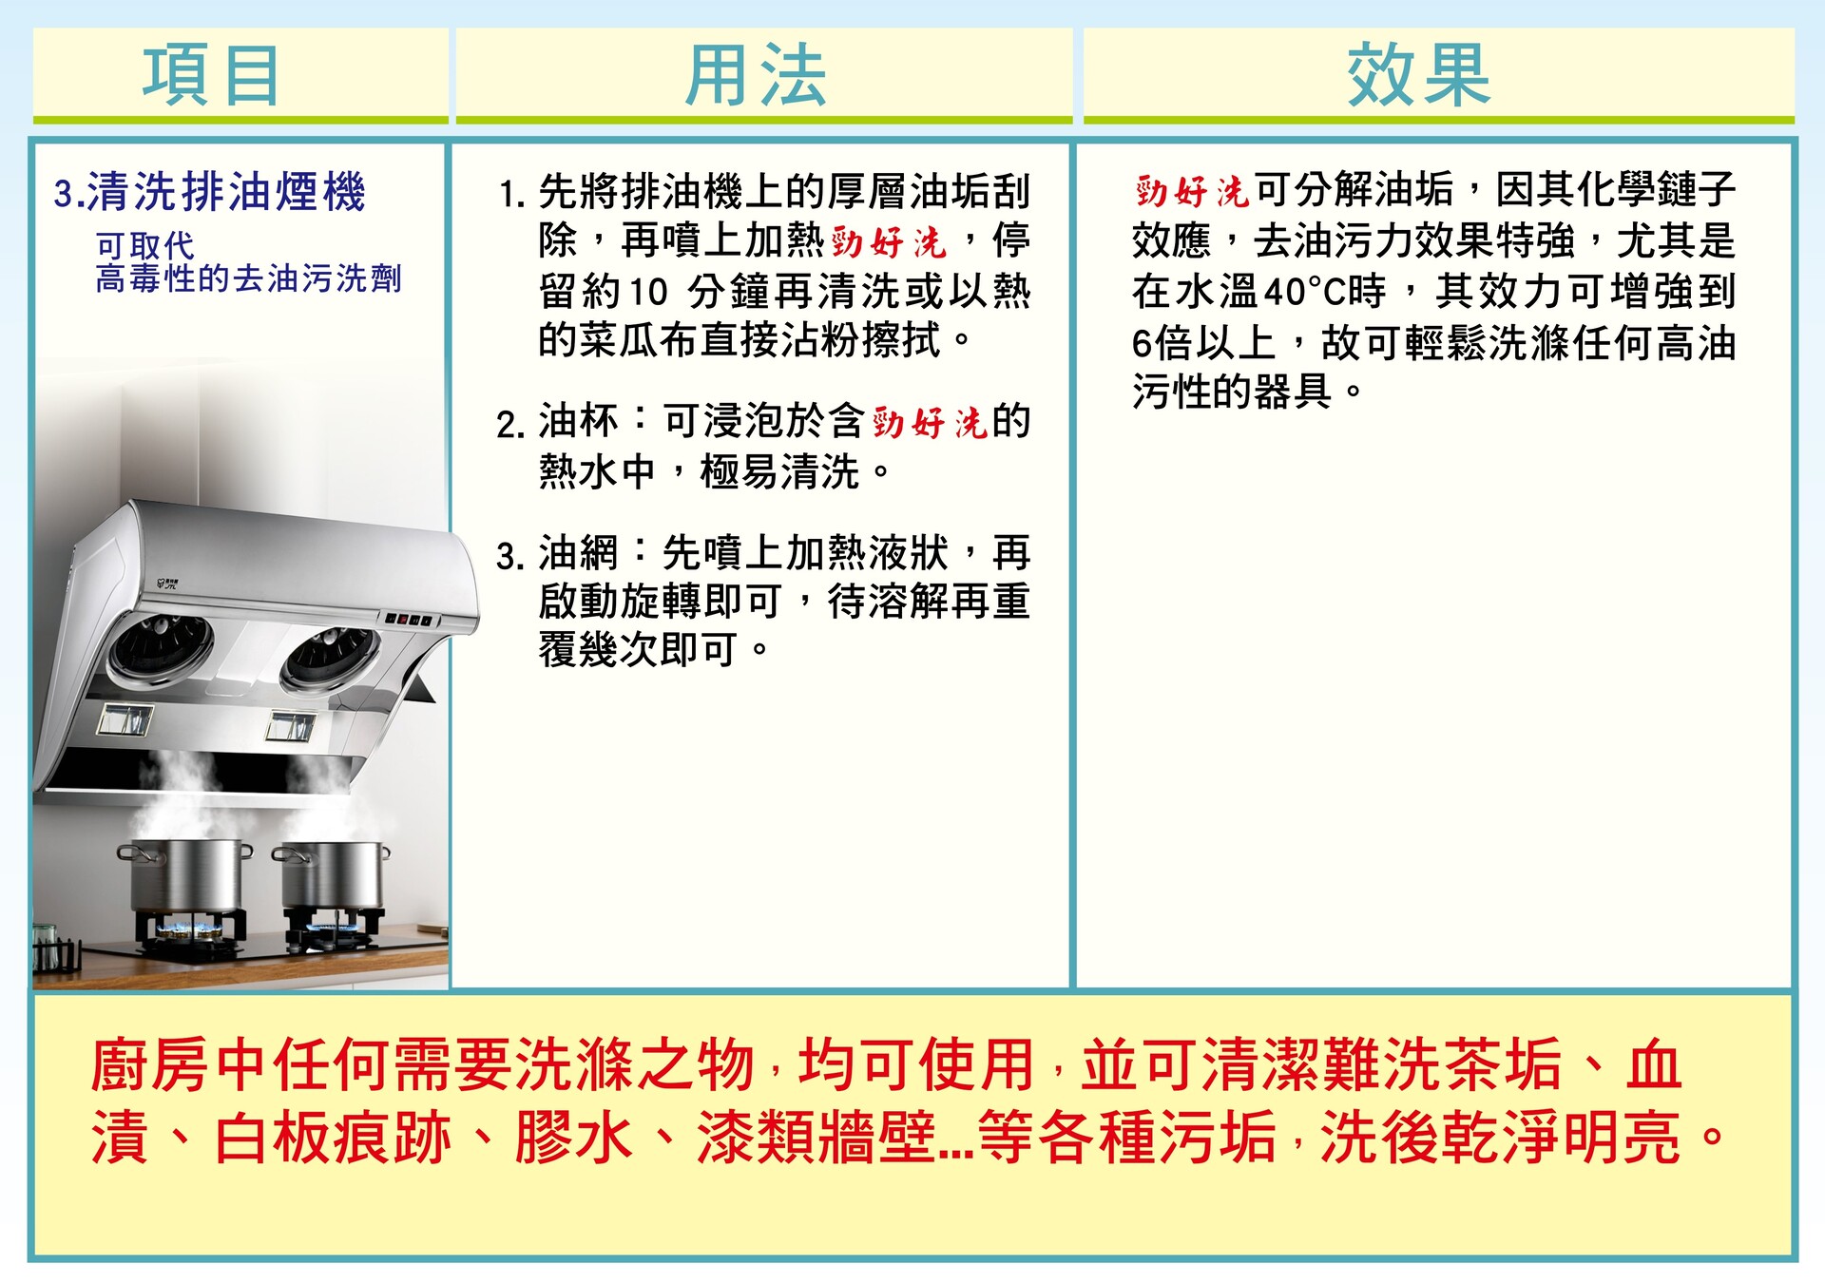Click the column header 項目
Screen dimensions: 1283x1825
[211, 75]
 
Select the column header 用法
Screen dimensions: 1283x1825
[757, 75]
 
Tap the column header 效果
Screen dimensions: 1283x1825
[1418, 75]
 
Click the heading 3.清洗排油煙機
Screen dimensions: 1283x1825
[210, 192]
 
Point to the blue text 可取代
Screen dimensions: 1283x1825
[144, 246]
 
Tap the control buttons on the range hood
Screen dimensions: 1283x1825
[409, 620]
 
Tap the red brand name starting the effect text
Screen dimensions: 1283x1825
[1192, 192]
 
